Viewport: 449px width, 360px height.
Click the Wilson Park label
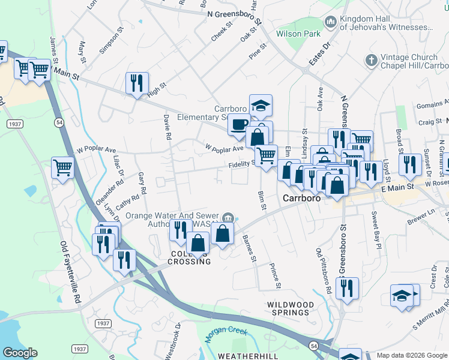tap(298, 34)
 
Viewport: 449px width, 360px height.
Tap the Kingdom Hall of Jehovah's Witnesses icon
tap(330, 23)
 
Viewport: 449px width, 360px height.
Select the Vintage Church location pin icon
tap(370, 61)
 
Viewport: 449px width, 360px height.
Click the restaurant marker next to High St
tap(137, 83)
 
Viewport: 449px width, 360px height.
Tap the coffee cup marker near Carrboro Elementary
tap(238, 124)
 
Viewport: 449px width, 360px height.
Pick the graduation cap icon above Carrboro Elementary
tap(261, 105)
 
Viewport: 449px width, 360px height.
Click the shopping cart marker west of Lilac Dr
tap(62, 167)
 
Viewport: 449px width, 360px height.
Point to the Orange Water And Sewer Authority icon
tap(228, 217)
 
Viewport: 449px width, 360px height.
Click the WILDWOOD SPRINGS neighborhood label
tap(291, 308)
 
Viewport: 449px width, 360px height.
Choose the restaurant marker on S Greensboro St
tap(347, 288)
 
